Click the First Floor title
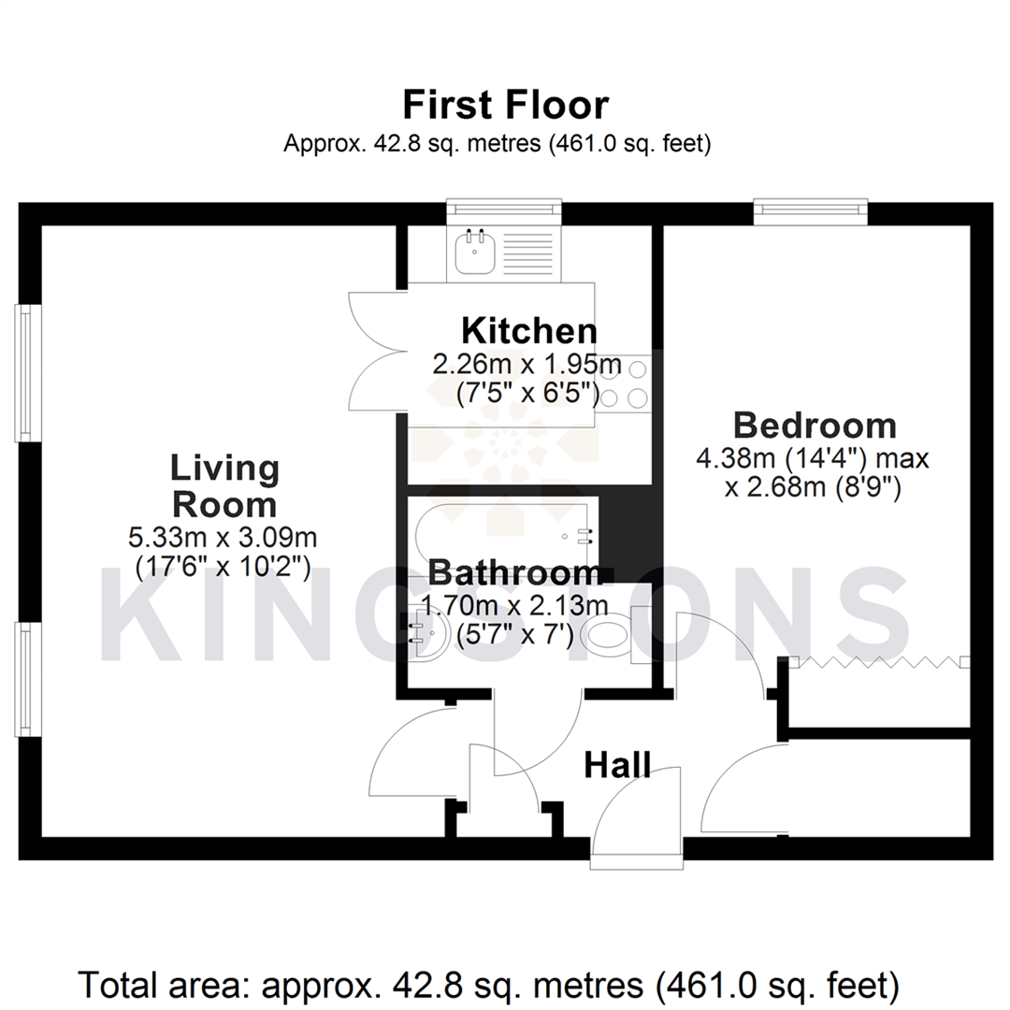[x=505, y=105]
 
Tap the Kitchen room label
[x=528, y=331]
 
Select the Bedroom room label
[x=815, y=426]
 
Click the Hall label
[x=617, y=765]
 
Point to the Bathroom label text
[x=515, y=571]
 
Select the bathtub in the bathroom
[x=505, y=532]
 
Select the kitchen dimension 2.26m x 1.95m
[x=527, y=363]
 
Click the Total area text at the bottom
[x=490, y=985]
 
